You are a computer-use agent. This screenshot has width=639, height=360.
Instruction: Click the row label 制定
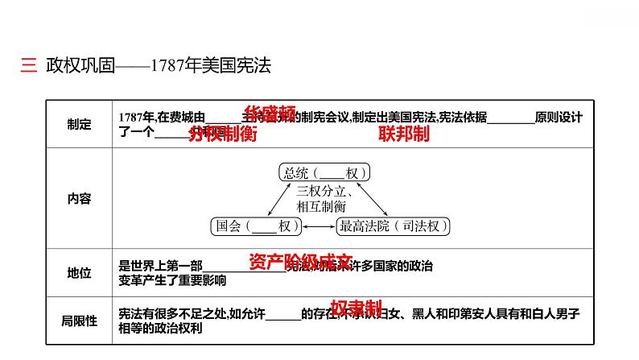(x=80, y=124)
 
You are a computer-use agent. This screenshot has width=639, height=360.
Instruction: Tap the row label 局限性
(x=80, y=321)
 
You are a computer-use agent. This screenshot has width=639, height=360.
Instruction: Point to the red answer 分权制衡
(x=222, y=134)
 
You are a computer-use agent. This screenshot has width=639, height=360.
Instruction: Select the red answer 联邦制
(x=403, y=134)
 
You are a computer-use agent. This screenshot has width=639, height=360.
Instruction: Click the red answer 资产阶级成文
(x=301, y=262)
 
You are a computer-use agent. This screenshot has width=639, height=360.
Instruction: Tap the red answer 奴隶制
(x=355, y=308)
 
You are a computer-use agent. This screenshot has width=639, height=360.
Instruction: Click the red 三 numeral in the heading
(x=28, y=67)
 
